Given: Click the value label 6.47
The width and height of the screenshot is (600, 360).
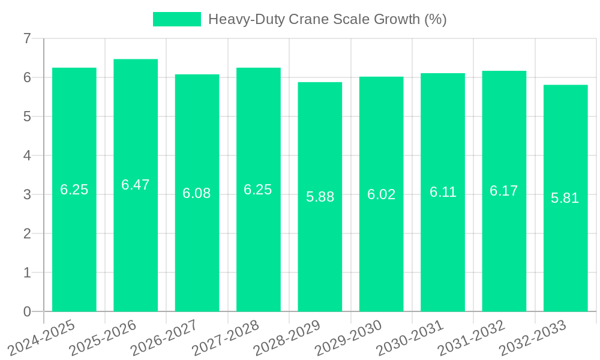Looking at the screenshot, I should pyautogui.click(x=136, y=185).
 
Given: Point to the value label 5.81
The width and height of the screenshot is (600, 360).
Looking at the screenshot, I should pyautogui.click(x=565, y=198).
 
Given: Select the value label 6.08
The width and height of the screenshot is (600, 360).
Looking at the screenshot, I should pyautogui.click(x=197, y=193).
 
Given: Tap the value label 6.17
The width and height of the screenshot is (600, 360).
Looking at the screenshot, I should pyautogui.click(x=504, y=191).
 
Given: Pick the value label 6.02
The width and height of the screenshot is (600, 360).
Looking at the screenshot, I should pyautogui.click(x=382, y=194).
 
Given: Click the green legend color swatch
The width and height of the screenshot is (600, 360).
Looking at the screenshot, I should pyautogui.click(x=177, y=19).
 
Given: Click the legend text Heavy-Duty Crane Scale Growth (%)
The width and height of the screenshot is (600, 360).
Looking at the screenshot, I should pyautogui.click(x=327, y=19).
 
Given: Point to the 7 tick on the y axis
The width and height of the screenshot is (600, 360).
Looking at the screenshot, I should pyautogui.click(x=27, y=38).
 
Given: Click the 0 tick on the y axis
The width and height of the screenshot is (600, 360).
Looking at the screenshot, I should pyautogui.click(x=27, y=311).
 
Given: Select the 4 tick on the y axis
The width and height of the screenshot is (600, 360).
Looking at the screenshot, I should pyautogui.click(x=27, y=155).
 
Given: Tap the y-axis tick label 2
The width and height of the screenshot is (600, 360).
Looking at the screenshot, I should pyautogui.click(x=27, y=233).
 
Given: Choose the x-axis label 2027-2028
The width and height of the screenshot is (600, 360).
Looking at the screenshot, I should pyautogui.click(x=226, y=337).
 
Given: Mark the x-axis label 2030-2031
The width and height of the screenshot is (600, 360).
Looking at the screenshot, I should pyautogui.click(x=410, y=337).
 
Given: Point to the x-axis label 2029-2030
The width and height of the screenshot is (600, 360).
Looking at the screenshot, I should pyautogui.click(x=349, y=337).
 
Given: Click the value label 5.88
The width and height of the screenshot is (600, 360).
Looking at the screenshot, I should pyautogui.click(x=320, y=197).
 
